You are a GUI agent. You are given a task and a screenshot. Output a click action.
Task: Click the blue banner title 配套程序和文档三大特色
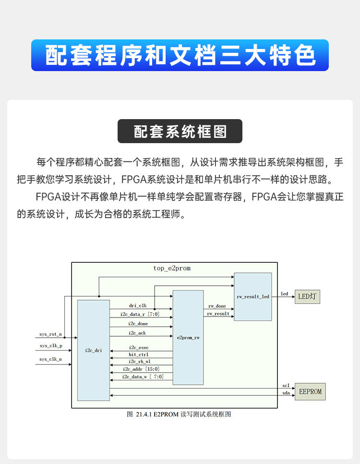pos(180,56)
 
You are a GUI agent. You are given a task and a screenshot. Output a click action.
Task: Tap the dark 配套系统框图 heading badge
pos(180,132)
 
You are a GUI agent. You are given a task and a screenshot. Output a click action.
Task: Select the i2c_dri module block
pos(94,350)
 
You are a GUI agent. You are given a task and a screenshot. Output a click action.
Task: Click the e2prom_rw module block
pos(188,338)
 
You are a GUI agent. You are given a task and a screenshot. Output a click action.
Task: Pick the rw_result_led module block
pos(253,297)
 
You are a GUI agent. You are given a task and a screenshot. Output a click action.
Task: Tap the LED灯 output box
pos(307,297)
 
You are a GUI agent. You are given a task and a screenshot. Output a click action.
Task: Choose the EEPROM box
pos(310,391)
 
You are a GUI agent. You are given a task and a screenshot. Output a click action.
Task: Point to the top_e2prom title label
pos(172,269)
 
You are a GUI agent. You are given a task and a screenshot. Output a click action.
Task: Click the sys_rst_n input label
pos(50,334)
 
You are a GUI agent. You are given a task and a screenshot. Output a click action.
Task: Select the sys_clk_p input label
pos(50,346)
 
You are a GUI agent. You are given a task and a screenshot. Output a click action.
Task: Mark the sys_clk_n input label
pos(50,359)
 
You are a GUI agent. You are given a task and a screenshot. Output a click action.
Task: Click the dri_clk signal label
pos(138,305)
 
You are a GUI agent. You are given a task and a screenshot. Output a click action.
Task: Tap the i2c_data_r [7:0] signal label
pos(140,314)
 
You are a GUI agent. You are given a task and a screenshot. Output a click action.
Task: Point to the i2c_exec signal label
pos(139,347)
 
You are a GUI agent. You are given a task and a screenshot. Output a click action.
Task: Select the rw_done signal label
pos(216,306)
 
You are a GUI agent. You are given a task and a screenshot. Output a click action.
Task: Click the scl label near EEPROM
pos(286,386)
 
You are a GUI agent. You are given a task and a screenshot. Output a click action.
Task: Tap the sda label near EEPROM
pos(286,393)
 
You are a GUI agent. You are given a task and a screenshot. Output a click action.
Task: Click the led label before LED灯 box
pos(284,294)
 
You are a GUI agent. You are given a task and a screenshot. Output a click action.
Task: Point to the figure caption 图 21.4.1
pos(179,414)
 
